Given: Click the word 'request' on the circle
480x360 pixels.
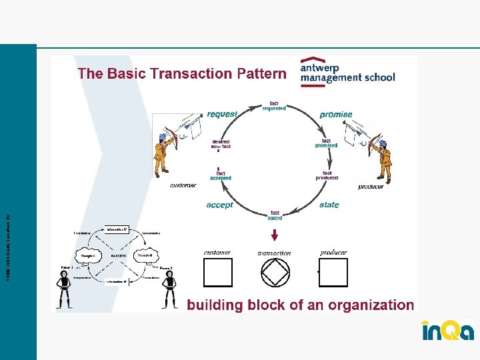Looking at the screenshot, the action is click(x=221, y=114).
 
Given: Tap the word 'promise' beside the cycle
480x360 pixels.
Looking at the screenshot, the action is click(x=336, y=115).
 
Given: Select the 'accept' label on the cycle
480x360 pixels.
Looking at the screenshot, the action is click(x=219, y=205).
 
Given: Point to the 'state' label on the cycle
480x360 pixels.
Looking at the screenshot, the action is click(x=329, y=205).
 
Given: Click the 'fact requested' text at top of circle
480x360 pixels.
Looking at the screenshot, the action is click(x=273, y=105).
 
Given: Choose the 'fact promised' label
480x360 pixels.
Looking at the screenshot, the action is click(x=326, y=143).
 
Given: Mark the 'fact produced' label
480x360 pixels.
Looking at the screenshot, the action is click(x=327, y=175).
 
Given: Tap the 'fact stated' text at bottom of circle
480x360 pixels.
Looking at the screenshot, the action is click(x=275, y=215).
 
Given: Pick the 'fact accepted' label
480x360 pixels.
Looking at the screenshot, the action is click(x=221, y=175).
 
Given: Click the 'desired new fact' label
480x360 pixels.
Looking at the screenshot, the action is click(x=221, y=143).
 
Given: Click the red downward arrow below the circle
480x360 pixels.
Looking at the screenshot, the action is click(x=275, y=235).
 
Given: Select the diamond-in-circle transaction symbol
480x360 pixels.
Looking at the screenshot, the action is click(x=275, y=272).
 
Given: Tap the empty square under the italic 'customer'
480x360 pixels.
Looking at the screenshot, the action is click(x=218, y=272).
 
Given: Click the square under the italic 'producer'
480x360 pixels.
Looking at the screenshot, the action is click(x=333, y=272).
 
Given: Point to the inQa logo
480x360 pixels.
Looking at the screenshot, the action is click(x=447, y=331).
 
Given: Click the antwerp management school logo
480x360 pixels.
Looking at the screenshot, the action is click(x=347, y=71).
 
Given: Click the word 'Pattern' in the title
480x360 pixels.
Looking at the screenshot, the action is click(x=261, y=73).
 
